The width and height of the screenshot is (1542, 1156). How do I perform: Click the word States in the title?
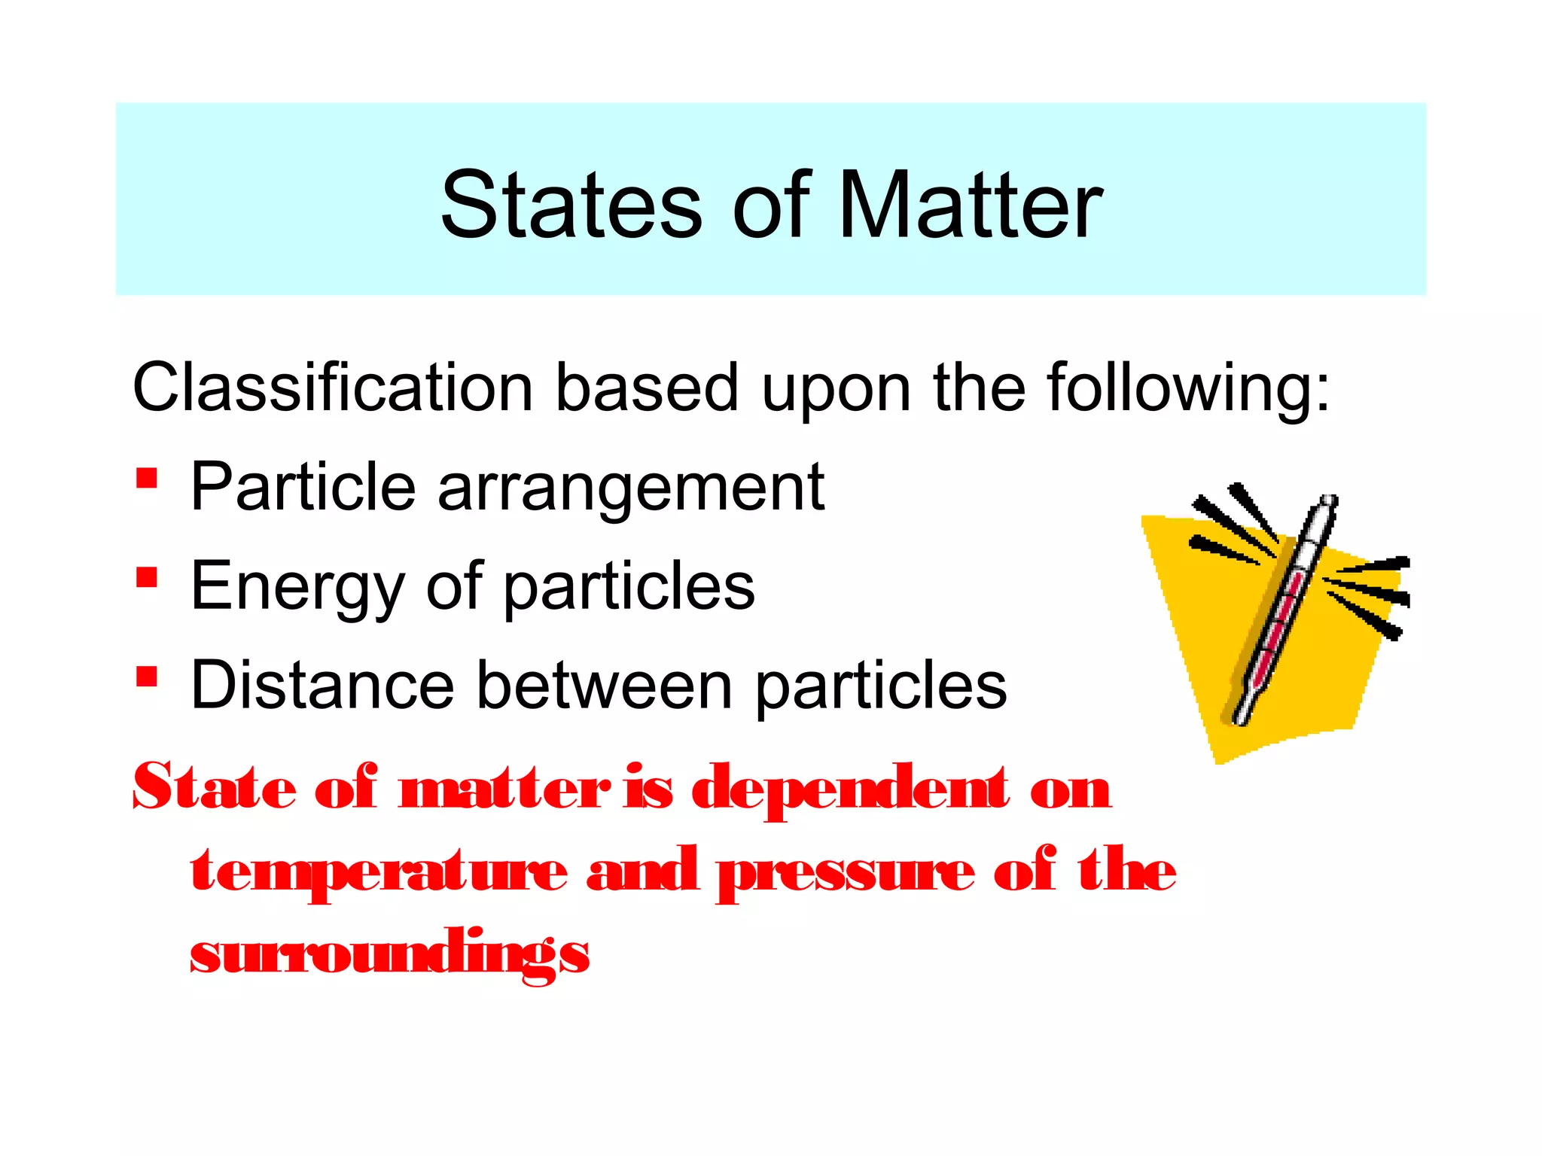tap(571, 205)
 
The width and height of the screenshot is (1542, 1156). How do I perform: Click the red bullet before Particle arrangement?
tap(147, 478)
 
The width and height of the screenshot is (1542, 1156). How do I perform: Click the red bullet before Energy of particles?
tap(147, 577)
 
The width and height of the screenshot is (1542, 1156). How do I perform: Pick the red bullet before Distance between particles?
tap(147, 677)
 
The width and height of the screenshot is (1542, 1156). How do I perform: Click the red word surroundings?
tap(389, 954)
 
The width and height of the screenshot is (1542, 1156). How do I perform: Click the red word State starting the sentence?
tap(215, 787)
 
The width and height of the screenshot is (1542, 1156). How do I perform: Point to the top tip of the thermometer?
tap(1330, 500)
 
